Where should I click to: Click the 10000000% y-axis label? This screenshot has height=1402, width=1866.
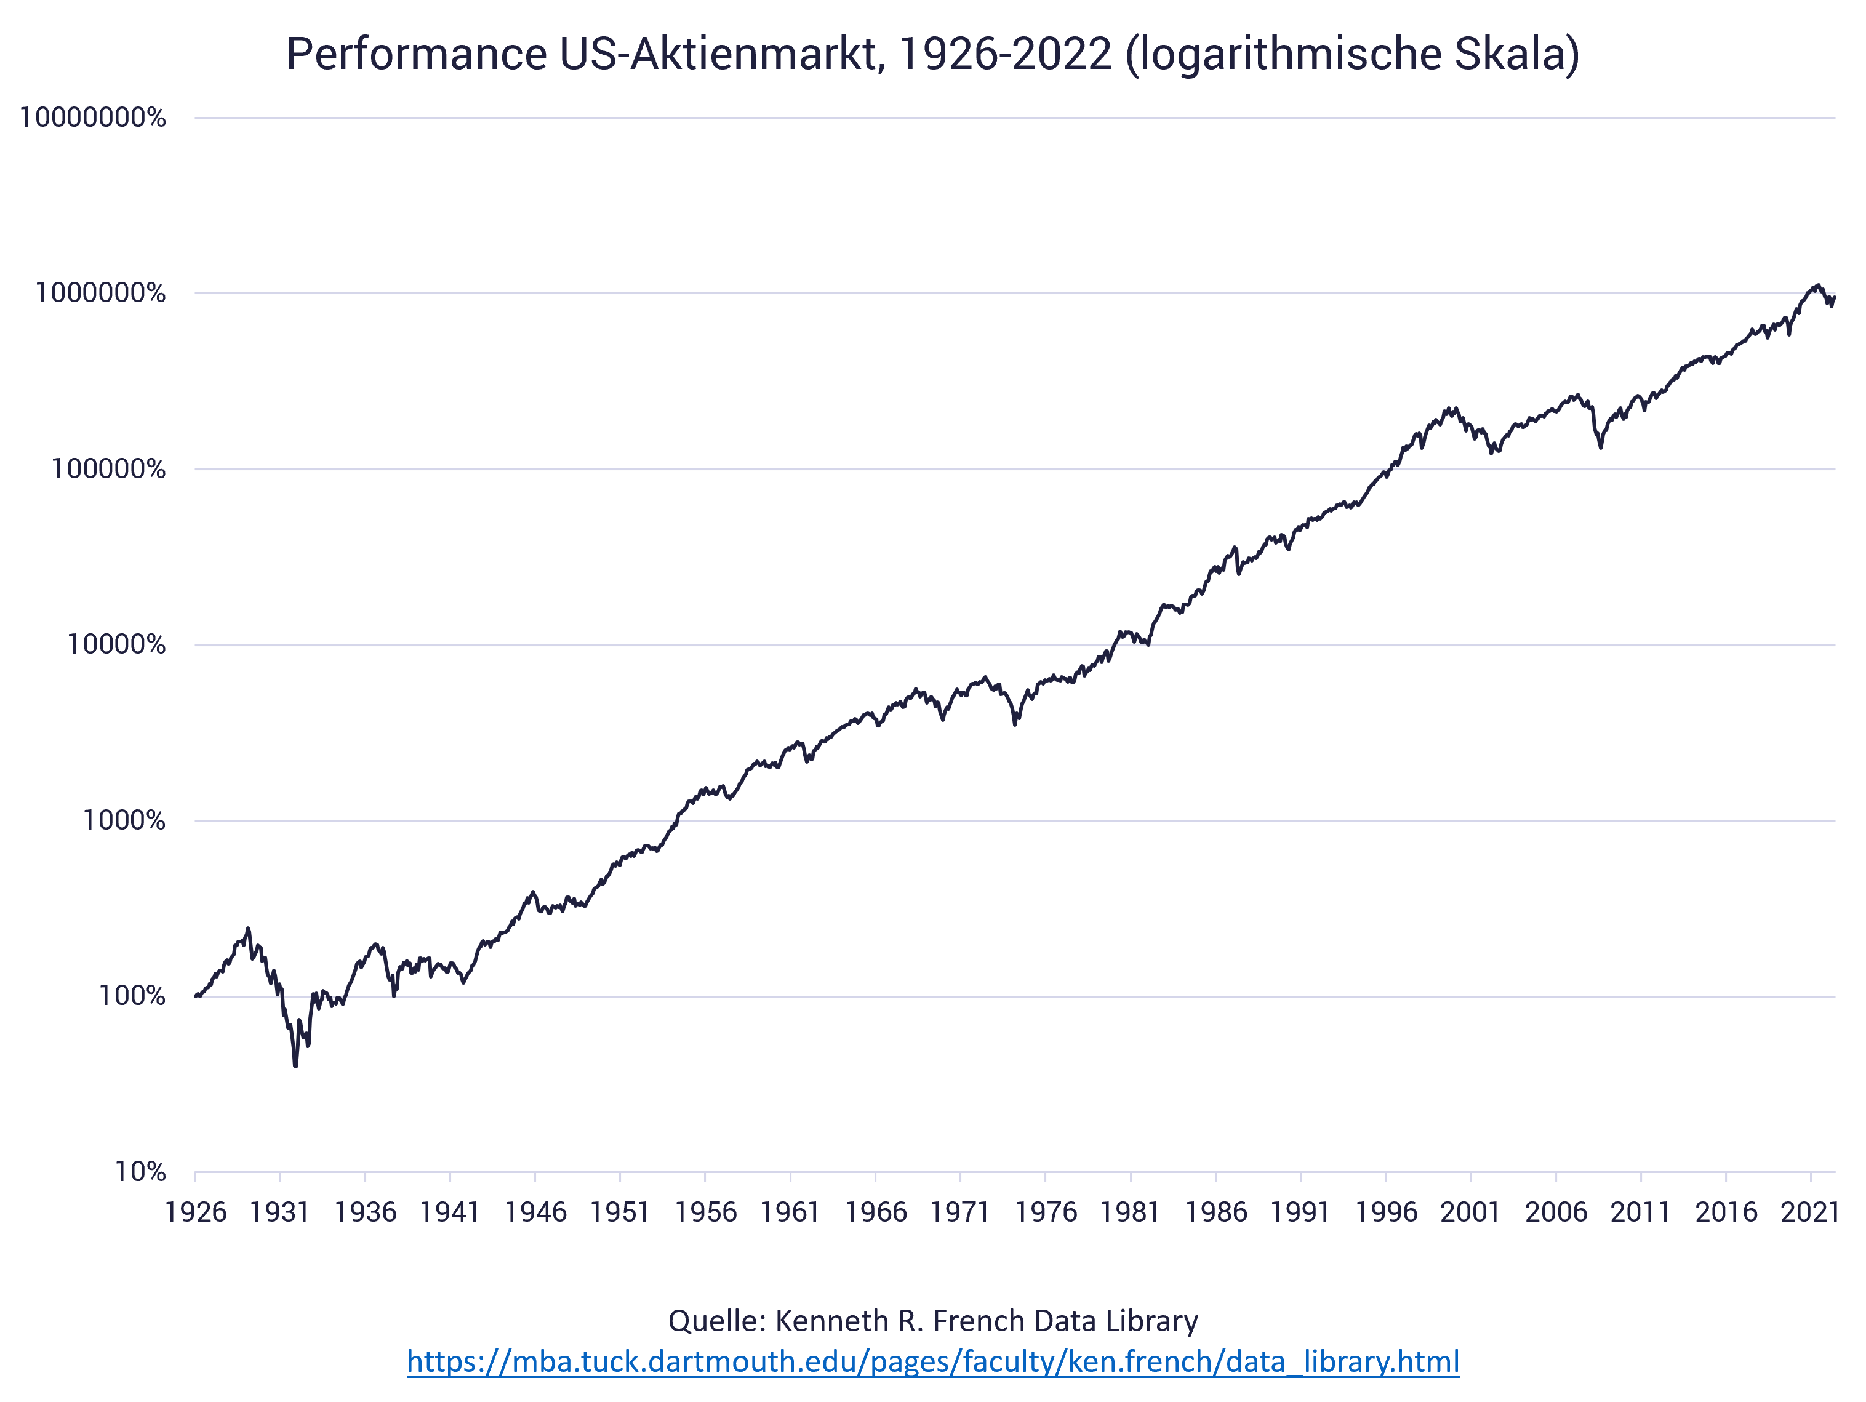[x=93, y=118]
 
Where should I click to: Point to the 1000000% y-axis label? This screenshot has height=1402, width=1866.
[x=100, y=294]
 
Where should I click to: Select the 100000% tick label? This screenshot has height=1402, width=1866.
[x=108, y=469]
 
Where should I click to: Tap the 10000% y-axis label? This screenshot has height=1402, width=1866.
[x=116, y=646]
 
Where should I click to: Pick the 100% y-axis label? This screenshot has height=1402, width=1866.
[x=132, y=996]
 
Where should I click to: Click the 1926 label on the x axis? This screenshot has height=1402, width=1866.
[x=196, y=1212]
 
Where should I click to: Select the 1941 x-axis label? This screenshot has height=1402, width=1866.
[x=450, y=1212]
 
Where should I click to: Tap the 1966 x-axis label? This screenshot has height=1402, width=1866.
[x=876, y=1212]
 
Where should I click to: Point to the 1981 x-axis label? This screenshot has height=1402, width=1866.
[x=1131, y=1212]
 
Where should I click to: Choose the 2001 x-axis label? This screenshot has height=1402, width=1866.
[x=1470, y=1212]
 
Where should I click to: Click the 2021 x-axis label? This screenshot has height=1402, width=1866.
[x=1811, y=1212]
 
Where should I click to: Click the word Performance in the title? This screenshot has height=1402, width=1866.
[x=417, y=54]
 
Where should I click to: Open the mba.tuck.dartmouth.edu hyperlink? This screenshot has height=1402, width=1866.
[x=933, y=1361]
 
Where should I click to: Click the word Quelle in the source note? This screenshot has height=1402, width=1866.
[x=715, y=1321]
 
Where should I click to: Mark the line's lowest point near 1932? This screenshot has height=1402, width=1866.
[x=295, y=1066]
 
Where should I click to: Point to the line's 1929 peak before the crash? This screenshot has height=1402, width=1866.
[x=248, y=929]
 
